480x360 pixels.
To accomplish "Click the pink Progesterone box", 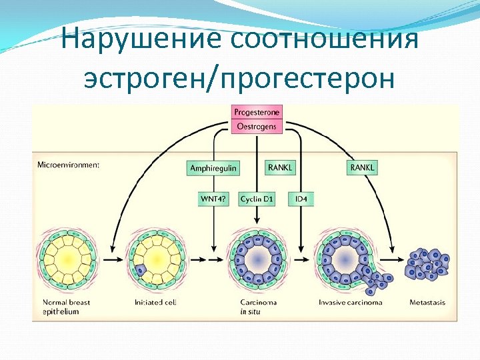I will pyautogui.click(x=257, y=112).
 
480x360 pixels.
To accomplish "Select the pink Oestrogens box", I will pyautogui.click(x=257, y=125).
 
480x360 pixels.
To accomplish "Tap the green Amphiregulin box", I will pyautogui.click(x=213, y=168).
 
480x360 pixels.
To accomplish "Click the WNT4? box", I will pyautogui.click(x=213, y=199).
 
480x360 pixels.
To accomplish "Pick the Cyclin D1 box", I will pyautogui.click(x=256, y=199).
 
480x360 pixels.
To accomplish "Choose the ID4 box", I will pyautogui.click(x=300, y=199).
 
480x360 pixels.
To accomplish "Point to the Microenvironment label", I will pyautogui.click(x=68, y=165).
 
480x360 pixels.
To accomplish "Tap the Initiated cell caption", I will pyautogui.click(x=155, y=303).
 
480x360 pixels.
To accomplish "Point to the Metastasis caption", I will pyautogui.click(x=427, y=303).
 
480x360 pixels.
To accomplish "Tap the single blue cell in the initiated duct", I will pyautogui.click(x=141, y=270).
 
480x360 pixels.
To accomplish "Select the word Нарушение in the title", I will pyautogui.click(x=140, y=39).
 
